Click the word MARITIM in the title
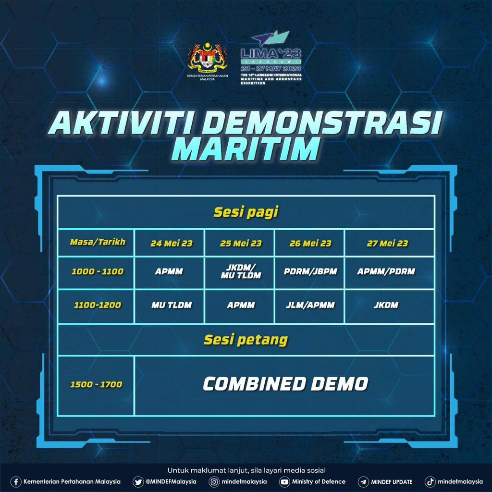click(x=246, y=150)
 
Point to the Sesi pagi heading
click(x=246, y=212)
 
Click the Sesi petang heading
click(x=246, y=340)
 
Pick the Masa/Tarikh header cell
click(x=98, y=242)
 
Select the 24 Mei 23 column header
click(x=171, y=243)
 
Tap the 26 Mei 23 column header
click(x=310, y=243)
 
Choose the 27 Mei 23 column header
click(x=387, y=243)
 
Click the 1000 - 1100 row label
click(x=98, y=271)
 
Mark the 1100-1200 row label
click(x=98, y=305)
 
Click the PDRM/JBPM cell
click(x=310, y=271)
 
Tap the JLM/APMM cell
click(x=310, y=305)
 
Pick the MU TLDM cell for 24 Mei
click(x=171, y=305)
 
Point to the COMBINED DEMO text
click(x=285, y=383)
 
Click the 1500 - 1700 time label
click(x=96, y=384)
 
